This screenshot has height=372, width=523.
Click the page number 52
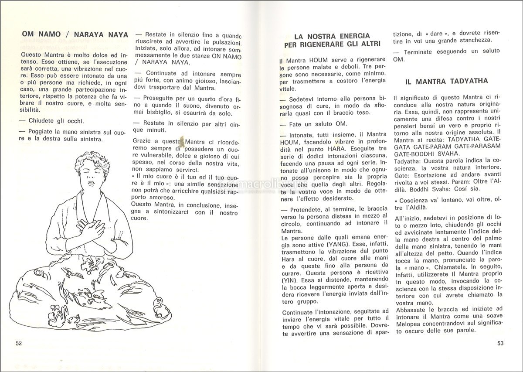pos(18,343)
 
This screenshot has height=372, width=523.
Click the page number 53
pos(500,343)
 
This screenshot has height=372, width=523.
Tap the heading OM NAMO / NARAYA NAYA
pos(75,34)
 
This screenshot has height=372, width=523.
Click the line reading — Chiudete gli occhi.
pos(52,121)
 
